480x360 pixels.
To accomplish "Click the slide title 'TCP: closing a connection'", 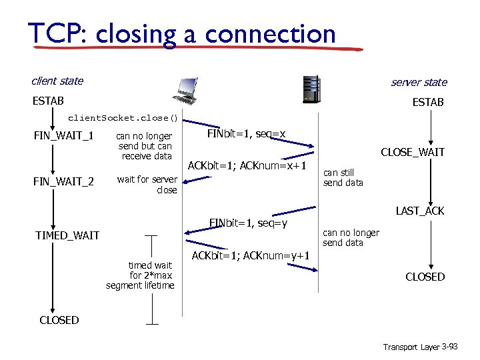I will click(182, 33).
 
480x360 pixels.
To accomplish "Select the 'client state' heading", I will click(57, 81).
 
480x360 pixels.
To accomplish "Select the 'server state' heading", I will click(419, 82).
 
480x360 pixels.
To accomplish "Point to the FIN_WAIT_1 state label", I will click(63, 137).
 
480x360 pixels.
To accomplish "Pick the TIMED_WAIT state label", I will click(67, 235).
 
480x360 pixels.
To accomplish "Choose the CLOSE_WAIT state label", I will click(412, 152).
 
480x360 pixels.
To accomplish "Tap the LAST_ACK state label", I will click(420, 211).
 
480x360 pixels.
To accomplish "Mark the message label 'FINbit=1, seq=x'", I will click(246, 134).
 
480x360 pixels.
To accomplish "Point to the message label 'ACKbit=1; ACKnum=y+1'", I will click(251, 255).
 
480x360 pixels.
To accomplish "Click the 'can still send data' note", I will click(343, 177).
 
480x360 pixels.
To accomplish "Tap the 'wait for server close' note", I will click(147, 184).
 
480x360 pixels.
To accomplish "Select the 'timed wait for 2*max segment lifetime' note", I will click(140, 275).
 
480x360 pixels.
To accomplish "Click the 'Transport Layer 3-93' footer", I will click(419, 347).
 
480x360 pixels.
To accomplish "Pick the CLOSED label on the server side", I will click(425, 277).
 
